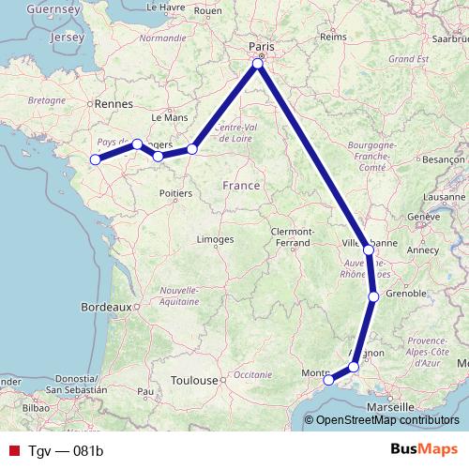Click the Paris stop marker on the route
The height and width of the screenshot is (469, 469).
click(260, 64)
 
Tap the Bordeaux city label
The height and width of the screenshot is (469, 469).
click(105, 307)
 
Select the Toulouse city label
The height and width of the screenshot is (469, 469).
click(193, 381)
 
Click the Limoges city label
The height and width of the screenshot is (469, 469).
click(215, 240)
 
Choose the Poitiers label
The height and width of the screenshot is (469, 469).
click(176, 193)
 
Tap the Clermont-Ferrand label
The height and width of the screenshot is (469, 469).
click(290, 236)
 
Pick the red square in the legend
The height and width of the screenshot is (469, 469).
click(12, 450)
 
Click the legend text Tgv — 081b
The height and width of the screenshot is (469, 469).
click(65, 450)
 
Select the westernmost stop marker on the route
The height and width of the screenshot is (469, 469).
click(95, 159)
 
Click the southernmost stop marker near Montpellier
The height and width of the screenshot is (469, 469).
click(328, 380)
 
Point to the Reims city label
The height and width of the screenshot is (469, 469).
click(333, 38)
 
